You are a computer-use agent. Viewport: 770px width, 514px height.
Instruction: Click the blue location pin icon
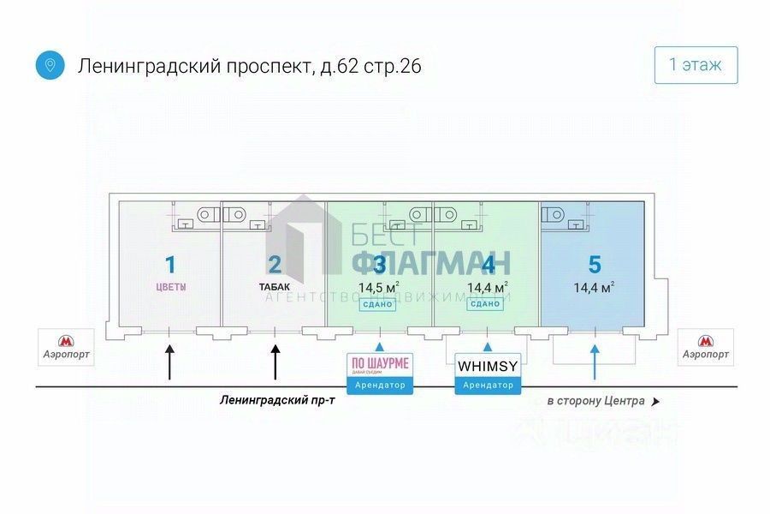(x=50, y=65)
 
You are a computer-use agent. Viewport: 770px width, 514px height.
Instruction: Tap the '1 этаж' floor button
(x=696, y=65)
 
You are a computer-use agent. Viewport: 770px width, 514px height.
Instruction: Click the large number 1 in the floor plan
(x=169, y=264)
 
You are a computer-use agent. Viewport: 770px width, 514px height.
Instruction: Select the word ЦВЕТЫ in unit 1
(x=169, y=288)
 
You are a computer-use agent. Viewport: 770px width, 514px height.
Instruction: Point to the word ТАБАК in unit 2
(x=275, y=288)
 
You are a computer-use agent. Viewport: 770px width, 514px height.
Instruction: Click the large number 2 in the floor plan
(x=275, y=264)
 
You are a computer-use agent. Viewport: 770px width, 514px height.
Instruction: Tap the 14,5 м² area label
(x=379, y=288)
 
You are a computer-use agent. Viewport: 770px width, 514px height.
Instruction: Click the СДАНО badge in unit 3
(x=377, y=304)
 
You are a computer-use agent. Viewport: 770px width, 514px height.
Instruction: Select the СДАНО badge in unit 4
(x=485, y=304)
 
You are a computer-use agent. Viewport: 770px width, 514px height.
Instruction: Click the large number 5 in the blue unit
(x=595, y=264)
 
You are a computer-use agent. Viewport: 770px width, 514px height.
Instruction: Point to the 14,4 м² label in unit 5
(x=595, y=288)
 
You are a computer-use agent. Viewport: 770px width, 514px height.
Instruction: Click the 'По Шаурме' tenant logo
(x=380, y=365)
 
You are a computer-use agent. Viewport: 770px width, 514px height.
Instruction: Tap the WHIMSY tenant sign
(x=488, y=366)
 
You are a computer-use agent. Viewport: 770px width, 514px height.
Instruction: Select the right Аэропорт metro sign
(x=706, y=347)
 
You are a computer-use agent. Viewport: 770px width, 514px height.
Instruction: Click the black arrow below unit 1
(x=169, y=362)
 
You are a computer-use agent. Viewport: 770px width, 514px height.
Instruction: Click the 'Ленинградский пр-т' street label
(x=276, y=400)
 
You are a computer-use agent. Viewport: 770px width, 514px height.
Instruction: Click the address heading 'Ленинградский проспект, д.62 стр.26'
(x=250, y=66)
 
